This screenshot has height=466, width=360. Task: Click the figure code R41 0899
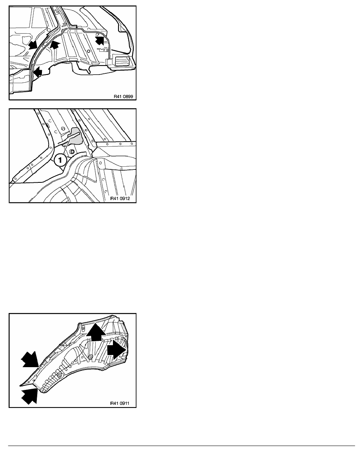[x=123, y=96]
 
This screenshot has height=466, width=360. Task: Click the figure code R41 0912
[x=120, y=198]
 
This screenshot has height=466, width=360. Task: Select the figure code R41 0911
[x=120, y=403]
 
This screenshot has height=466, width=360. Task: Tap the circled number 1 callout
[x=60, y=160]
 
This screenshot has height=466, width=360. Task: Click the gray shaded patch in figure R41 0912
[x=74, y=135]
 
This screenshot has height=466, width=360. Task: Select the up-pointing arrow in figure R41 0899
[x=55, y=45]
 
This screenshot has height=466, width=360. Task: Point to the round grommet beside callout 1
[x=72, y=151]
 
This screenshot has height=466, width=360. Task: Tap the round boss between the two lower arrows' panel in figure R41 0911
[x=59, y=375]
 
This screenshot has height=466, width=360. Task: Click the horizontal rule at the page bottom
[x=182, y=446]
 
